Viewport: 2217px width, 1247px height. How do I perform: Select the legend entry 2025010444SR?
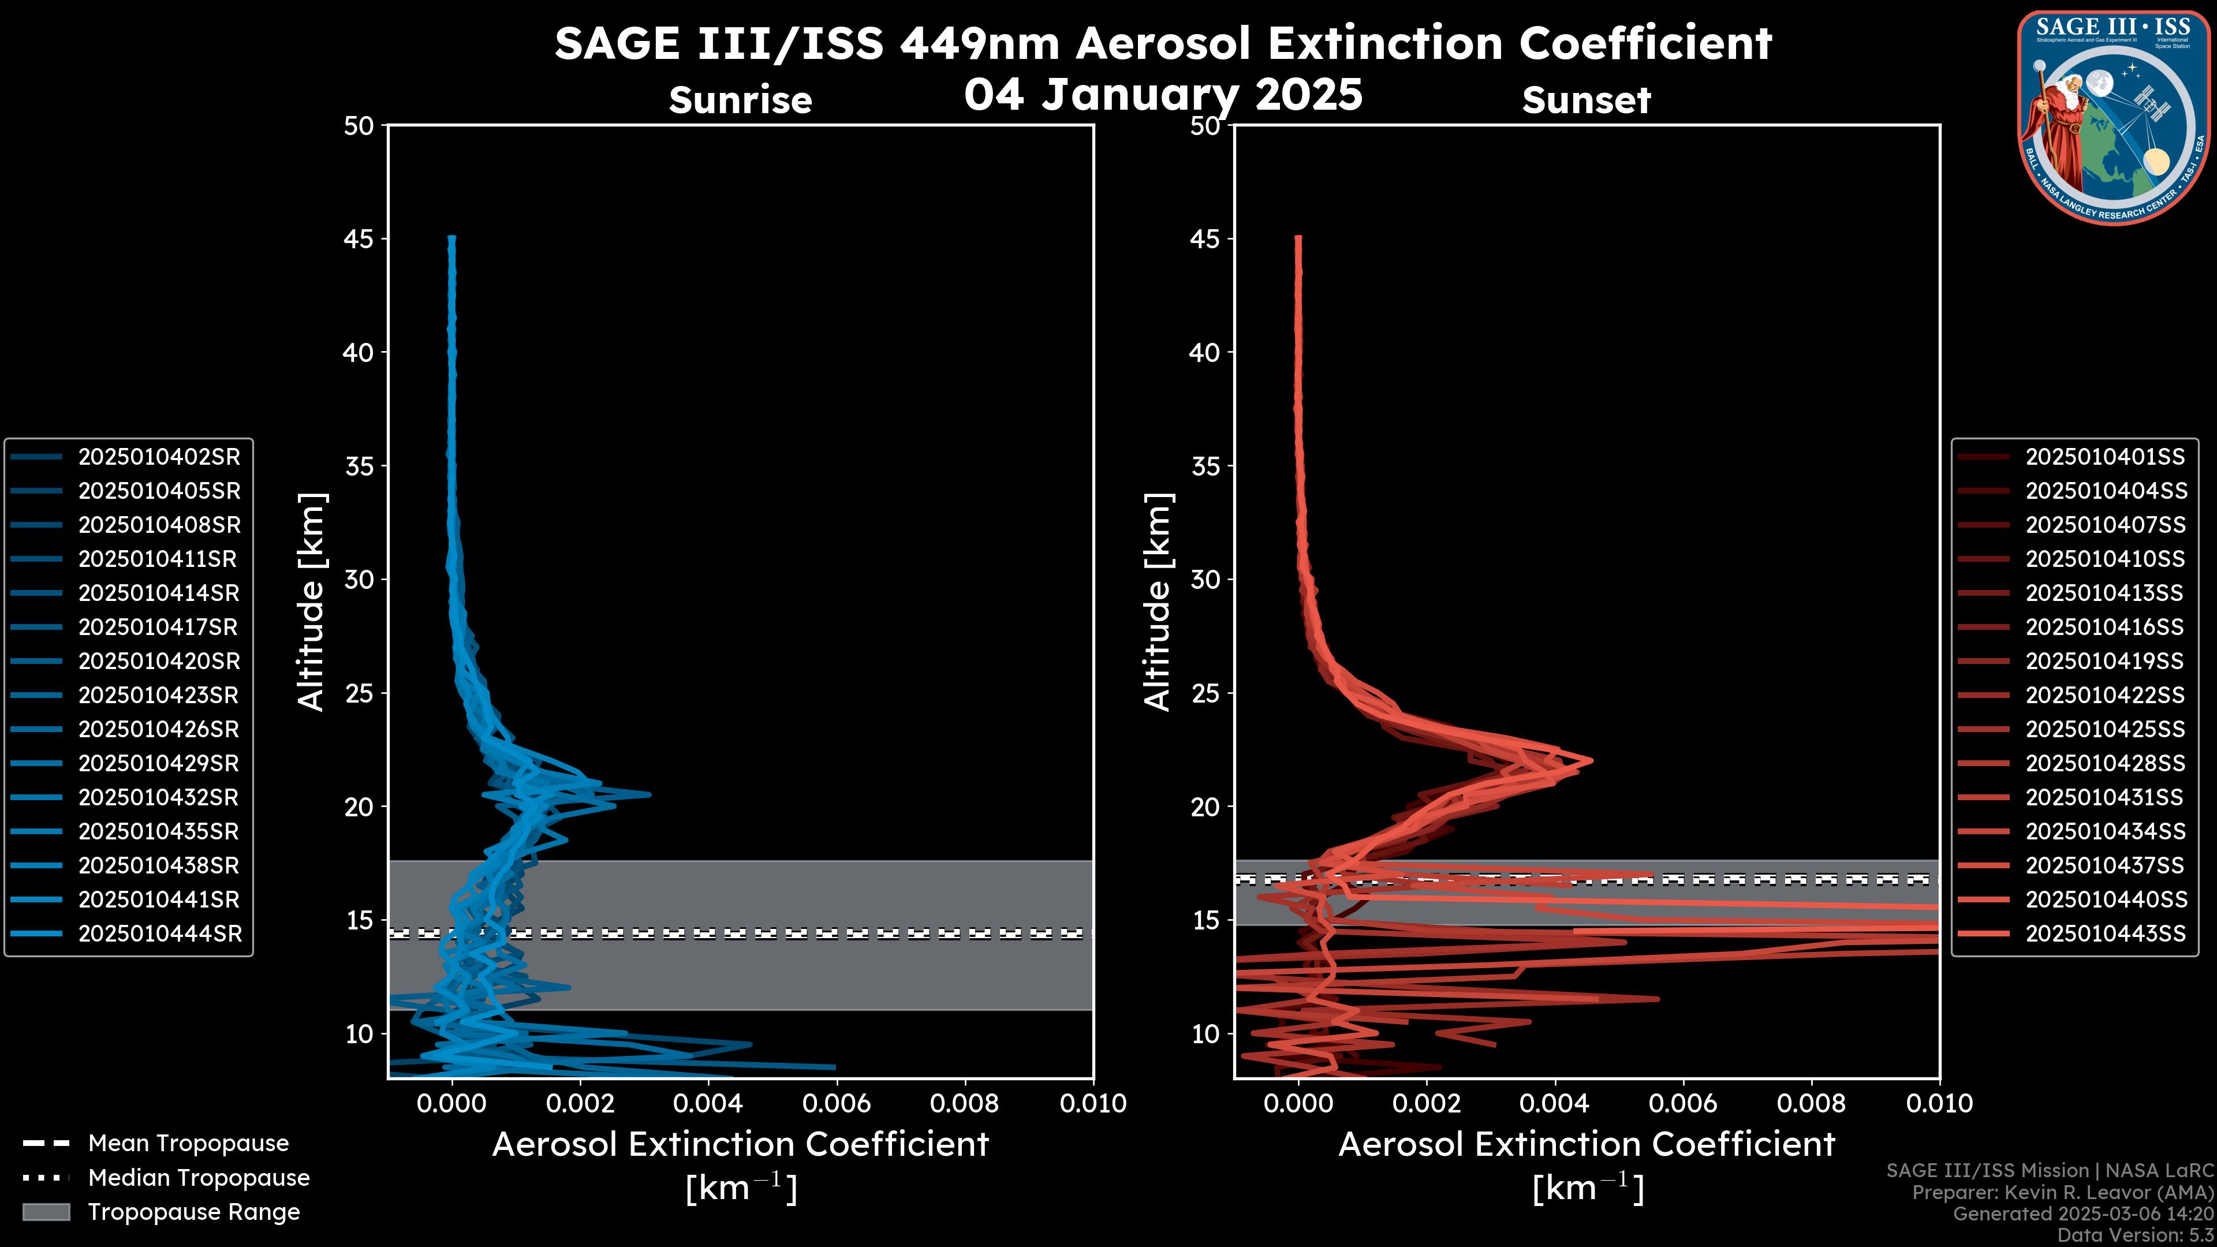[x=160, y=934]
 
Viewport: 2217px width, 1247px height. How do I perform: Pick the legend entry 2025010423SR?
[x=158, y=695]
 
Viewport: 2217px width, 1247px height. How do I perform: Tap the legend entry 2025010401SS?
[x=2105, y=457]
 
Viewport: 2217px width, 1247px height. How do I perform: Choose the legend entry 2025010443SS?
[x=2105, y=934]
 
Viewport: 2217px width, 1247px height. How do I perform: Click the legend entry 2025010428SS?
[x=2105, y=763]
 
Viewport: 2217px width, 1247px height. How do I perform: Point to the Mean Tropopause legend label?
[x=188, y=1144]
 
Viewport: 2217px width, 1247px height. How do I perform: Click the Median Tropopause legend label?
[x=199, y=1178]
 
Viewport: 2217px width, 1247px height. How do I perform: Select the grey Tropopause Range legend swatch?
[x=46, y=1212]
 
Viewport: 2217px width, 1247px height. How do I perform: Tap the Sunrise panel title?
[x=740, y=100]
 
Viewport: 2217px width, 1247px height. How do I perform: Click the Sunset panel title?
[x=1586, y=100]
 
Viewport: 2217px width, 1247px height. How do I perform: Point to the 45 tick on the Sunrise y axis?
[x=360, y=239]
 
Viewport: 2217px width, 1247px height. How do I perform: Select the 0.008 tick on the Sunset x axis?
[x=1812, y=1103]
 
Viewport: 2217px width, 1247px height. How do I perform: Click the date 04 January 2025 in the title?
[x=1163, y=95]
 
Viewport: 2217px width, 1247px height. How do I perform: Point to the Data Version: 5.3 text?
[x=2134, y=1235]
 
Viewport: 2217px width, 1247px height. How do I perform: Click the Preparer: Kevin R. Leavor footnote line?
[x=2062, y=1193]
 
